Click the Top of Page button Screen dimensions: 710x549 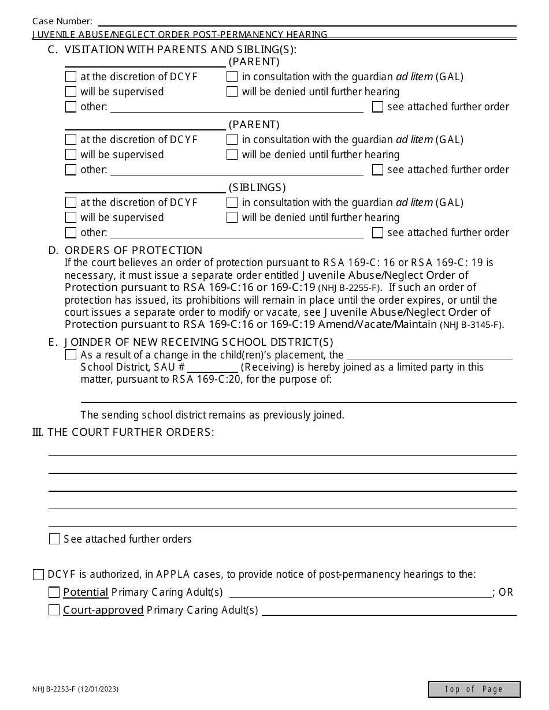474,689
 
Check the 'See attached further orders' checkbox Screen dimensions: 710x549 54,539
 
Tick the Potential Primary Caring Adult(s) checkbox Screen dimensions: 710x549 54,592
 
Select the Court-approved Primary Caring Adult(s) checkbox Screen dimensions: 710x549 54,610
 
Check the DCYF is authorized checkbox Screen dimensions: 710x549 39,574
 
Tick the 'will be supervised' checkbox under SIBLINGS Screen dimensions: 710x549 71,218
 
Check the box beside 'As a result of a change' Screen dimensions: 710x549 71,355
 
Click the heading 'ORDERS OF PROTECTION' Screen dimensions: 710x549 133,251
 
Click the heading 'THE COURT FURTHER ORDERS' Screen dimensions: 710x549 131,432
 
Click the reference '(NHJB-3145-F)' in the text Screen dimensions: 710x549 471,325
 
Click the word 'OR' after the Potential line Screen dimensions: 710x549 506,593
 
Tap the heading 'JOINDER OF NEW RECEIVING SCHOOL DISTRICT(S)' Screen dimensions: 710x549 199,342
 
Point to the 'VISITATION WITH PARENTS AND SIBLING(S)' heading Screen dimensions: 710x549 180,50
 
